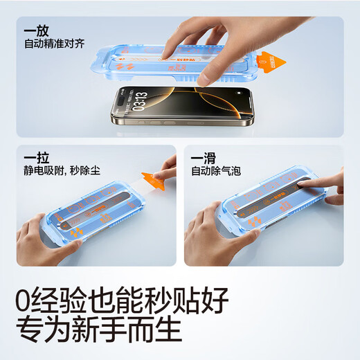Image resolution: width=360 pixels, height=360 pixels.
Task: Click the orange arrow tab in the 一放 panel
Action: (275, 64)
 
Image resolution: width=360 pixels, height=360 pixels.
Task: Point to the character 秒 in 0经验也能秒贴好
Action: (167, 301)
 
